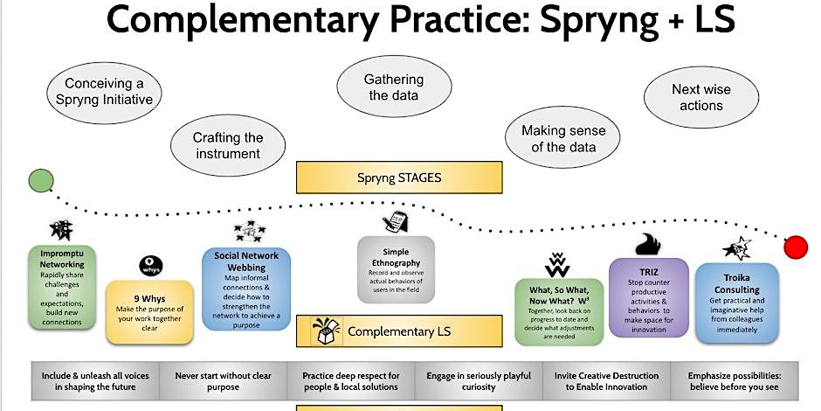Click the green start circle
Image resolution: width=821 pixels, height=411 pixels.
40,181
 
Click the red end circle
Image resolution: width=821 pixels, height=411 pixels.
795,247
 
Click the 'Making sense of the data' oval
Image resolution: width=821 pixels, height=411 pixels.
563,138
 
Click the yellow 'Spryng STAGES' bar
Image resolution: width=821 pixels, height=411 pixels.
400,178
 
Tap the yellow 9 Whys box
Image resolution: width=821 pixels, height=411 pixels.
148,303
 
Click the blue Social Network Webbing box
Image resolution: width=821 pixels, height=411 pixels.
245,289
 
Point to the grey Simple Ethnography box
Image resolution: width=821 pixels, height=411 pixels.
396,269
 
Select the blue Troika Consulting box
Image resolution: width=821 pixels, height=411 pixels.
736,302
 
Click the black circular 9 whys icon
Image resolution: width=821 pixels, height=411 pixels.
150,265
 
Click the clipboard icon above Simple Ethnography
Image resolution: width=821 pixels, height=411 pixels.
395,222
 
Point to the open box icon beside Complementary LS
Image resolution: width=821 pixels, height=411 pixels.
326,331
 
